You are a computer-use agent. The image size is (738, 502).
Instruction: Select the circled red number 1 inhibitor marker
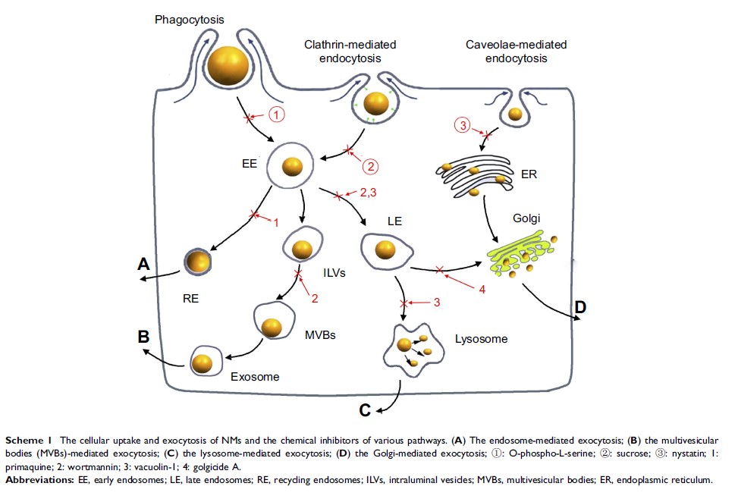[x=278, y=115]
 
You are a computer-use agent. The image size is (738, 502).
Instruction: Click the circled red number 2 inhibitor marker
[x=370, y=165]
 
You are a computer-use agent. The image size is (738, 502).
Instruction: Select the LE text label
[x=394, y=222]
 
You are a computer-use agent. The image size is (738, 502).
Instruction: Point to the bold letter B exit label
[x=143, y=337]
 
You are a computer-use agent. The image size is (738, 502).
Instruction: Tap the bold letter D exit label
[x=580, y=308]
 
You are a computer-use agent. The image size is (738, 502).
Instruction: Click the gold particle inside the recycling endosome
[x=199, y=261]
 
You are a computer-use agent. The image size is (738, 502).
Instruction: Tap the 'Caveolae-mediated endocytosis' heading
[x=516, y=52]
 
